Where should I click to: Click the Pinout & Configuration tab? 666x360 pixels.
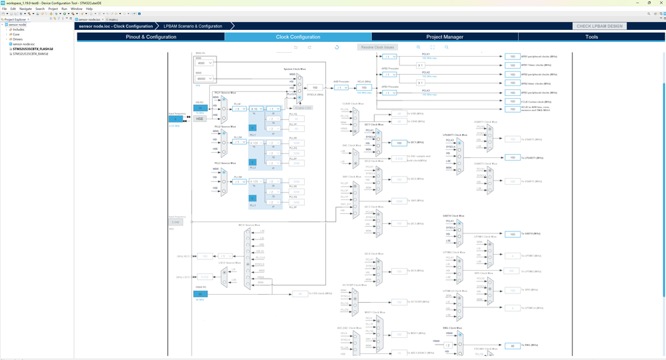(151, 37)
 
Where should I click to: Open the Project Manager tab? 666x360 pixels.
(445, 37)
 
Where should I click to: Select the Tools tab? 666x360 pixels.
(591, 37)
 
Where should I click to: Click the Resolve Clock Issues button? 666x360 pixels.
(377, 47)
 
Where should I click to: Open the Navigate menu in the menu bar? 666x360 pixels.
(25, 9)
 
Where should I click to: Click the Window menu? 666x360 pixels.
(77, 9)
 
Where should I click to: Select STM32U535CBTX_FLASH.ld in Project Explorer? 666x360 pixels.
(33, 49)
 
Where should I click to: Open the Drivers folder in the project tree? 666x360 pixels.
(17, 39)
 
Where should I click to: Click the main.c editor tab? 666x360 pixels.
(113, 19)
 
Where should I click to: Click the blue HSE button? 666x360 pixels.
(199, 118)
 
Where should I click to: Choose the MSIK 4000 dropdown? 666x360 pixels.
(205, 63)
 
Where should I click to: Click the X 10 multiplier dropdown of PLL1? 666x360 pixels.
(256, 109)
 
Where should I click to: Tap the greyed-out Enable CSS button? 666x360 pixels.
(303, 107)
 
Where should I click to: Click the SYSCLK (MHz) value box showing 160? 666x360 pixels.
(315, 87)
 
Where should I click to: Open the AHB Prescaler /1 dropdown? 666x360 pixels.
(341, 87)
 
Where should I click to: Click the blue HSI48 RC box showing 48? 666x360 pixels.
(199, 293)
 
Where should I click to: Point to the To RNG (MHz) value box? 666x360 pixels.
(512, 345)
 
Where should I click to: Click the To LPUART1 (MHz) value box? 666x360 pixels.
(512, 157)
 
